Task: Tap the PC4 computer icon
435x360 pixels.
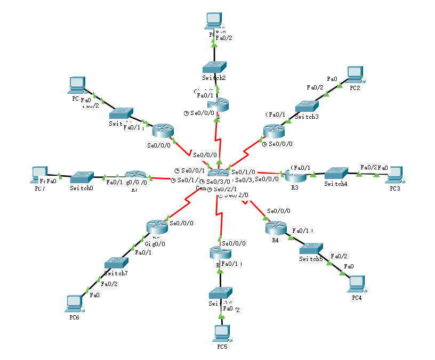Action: coord(357,283)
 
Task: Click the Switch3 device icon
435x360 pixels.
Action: coord(307,105)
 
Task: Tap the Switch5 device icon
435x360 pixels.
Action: coord(311,248)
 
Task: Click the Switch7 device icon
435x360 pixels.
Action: coord(116,263)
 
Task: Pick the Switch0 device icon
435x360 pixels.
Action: coord(82,176)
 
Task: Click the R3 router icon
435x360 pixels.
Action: coord(294,175)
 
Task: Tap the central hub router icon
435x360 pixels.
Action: coord(219,173)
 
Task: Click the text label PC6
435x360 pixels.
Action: coord(74,317)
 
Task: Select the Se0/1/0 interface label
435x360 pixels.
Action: coord(244,172)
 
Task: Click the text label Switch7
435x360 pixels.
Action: coord(116,273)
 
